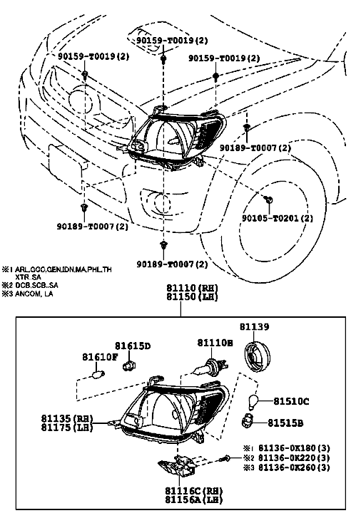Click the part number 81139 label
tap(255, 326)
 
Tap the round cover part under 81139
tap(257, 357)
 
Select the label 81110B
tap(215, 343)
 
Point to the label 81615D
tap(133, 346)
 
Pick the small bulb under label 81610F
tap(98, 373)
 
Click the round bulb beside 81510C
tap(253, 401)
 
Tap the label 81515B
tap(285, 423)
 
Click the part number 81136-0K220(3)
tap(294, 457)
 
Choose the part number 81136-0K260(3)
tap(294, 467)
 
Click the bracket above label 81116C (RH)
tap(178, 466)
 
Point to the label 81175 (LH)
tap(67, 428)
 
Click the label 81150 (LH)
tap(192, 296)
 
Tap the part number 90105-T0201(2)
tap(278, 218)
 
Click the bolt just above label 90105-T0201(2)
tap(269, 200)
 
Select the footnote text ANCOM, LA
tap(34, 294)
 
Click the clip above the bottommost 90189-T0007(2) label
tap(163, 245)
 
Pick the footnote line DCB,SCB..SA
tap(36, 285)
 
